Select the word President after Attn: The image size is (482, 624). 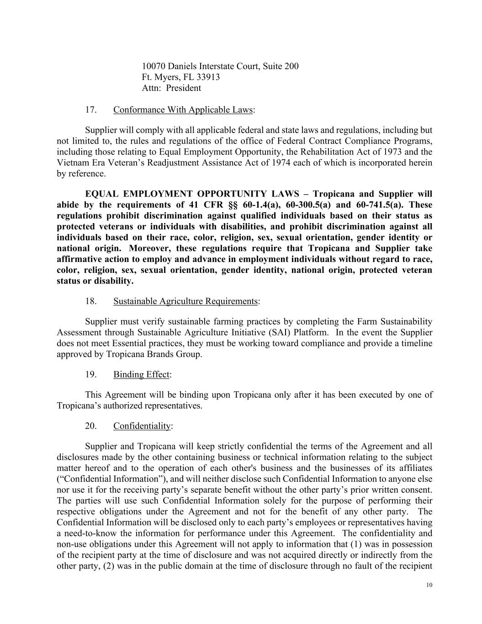coord(183,88)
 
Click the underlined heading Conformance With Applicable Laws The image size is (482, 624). coord(183,110)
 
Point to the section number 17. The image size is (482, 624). coord(90,110)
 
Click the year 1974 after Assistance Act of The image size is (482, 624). coord(283,163)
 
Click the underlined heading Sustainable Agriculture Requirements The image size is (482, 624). coord(185,301)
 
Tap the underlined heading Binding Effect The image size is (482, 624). coord(141,374)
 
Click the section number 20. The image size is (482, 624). coord(90,426)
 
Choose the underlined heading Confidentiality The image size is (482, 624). coord(142,426)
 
